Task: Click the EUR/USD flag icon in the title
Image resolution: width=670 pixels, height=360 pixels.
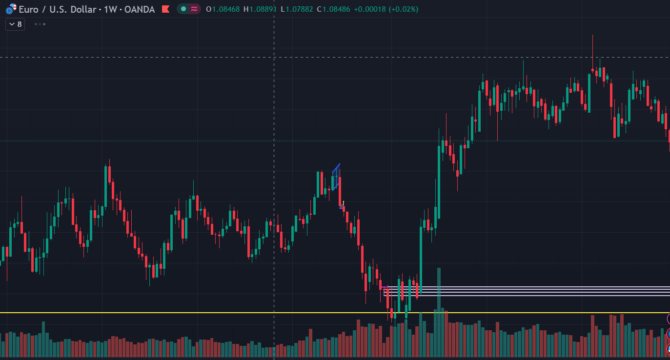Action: click(11, 9)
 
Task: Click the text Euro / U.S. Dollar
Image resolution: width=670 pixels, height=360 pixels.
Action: click(58, 10)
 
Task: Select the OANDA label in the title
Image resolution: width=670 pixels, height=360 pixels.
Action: click(140, 10)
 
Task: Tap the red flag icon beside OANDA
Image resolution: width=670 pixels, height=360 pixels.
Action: click(166, 9)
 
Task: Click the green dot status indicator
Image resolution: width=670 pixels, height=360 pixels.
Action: click(183, 9)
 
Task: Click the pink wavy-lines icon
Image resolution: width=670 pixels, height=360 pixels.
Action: click(194, 9)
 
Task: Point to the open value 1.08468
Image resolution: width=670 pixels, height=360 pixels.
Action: click(226, 9)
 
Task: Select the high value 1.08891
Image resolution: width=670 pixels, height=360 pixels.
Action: click(263, 9)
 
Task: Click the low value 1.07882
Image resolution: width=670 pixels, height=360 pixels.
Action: click(299, 9)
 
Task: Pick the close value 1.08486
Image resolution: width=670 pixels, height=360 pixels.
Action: click(336, 9)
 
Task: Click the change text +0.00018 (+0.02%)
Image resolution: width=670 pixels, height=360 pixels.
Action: click(386, 9)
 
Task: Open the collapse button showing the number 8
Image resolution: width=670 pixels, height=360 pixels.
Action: click(15, 24)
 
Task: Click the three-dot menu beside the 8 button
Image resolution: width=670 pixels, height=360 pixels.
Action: click(40, 24)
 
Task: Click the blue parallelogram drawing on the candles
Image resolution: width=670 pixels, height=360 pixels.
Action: click(336, 177)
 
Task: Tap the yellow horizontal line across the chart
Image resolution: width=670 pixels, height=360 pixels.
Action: click(335, 313)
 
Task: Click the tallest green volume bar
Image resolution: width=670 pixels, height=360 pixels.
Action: click(439, 312)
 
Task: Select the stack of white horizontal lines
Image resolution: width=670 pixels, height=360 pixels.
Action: click(527, 291)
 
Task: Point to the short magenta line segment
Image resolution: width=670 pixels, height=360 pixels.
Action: click(385, 287)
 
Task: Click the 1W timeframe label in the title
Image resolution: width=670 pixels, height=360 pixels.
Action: click(110, 10)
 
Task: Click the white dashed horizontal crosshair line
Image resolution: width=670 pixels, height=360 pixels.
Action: click(335, 57)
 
